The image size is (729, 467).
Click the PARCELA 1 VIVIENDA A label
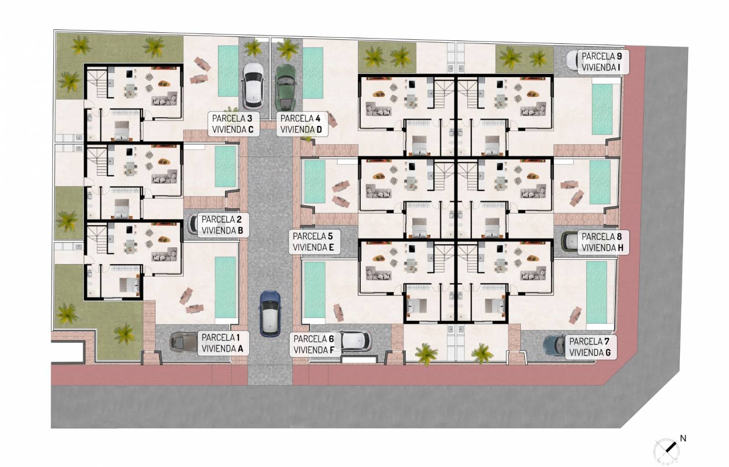[223, 343]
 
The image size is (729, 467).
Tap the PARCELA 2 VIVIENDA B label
[223, 225]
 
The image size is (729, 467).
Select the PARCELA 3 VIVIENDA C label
[233, 124]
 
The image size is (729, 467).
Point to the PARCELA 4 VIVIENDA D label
[301, 124]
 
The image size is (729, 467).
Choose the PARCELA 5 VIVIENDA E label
[314, 242]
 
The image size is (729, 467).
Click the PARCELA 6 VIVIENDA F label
[314, 345]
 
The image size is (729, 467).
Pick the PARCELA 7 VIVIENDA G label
[590, 347]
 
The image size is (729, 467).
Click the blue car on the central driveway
[270, 314]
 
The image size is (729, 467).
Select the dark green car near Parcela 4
[286, 87]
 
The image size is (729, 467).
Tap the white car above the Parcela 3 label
[253, 86]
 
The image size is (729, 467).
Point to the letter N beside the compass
[683, 438]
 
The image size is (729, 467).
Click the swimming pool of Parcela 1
[225, 288]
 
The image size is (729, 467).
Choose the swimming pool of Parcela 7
[596, 292]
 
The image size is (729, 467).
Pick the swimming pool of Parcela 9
[602, 109]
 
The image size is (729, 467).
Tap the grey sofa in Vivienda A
[164, 254]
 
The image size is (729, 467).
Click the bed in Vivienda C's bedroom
[121, 130]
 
